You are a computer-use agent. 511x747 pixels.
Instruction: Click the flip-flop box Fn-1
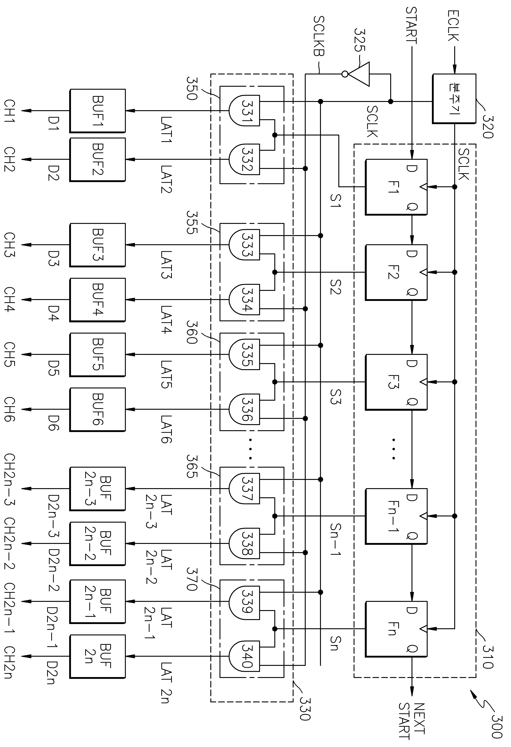(x=396, y=516)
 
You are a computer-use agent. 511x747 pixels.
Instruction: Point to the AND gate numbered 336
(x=244, y=409)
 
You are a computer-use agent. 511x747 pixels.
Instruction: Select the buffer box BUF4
(x=97, y=300)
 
